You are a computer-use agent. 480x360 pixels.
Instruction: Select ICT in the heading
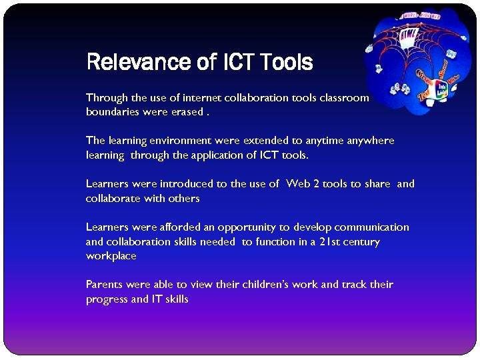click(237, 62)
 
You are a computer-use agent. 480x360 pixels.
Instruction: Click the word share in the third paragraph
click(377, 184)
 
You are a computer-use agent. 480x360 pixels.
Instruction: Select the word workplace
click(111, 256)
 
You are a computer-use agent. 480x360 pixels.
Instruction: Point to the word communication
click(372, 227)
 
